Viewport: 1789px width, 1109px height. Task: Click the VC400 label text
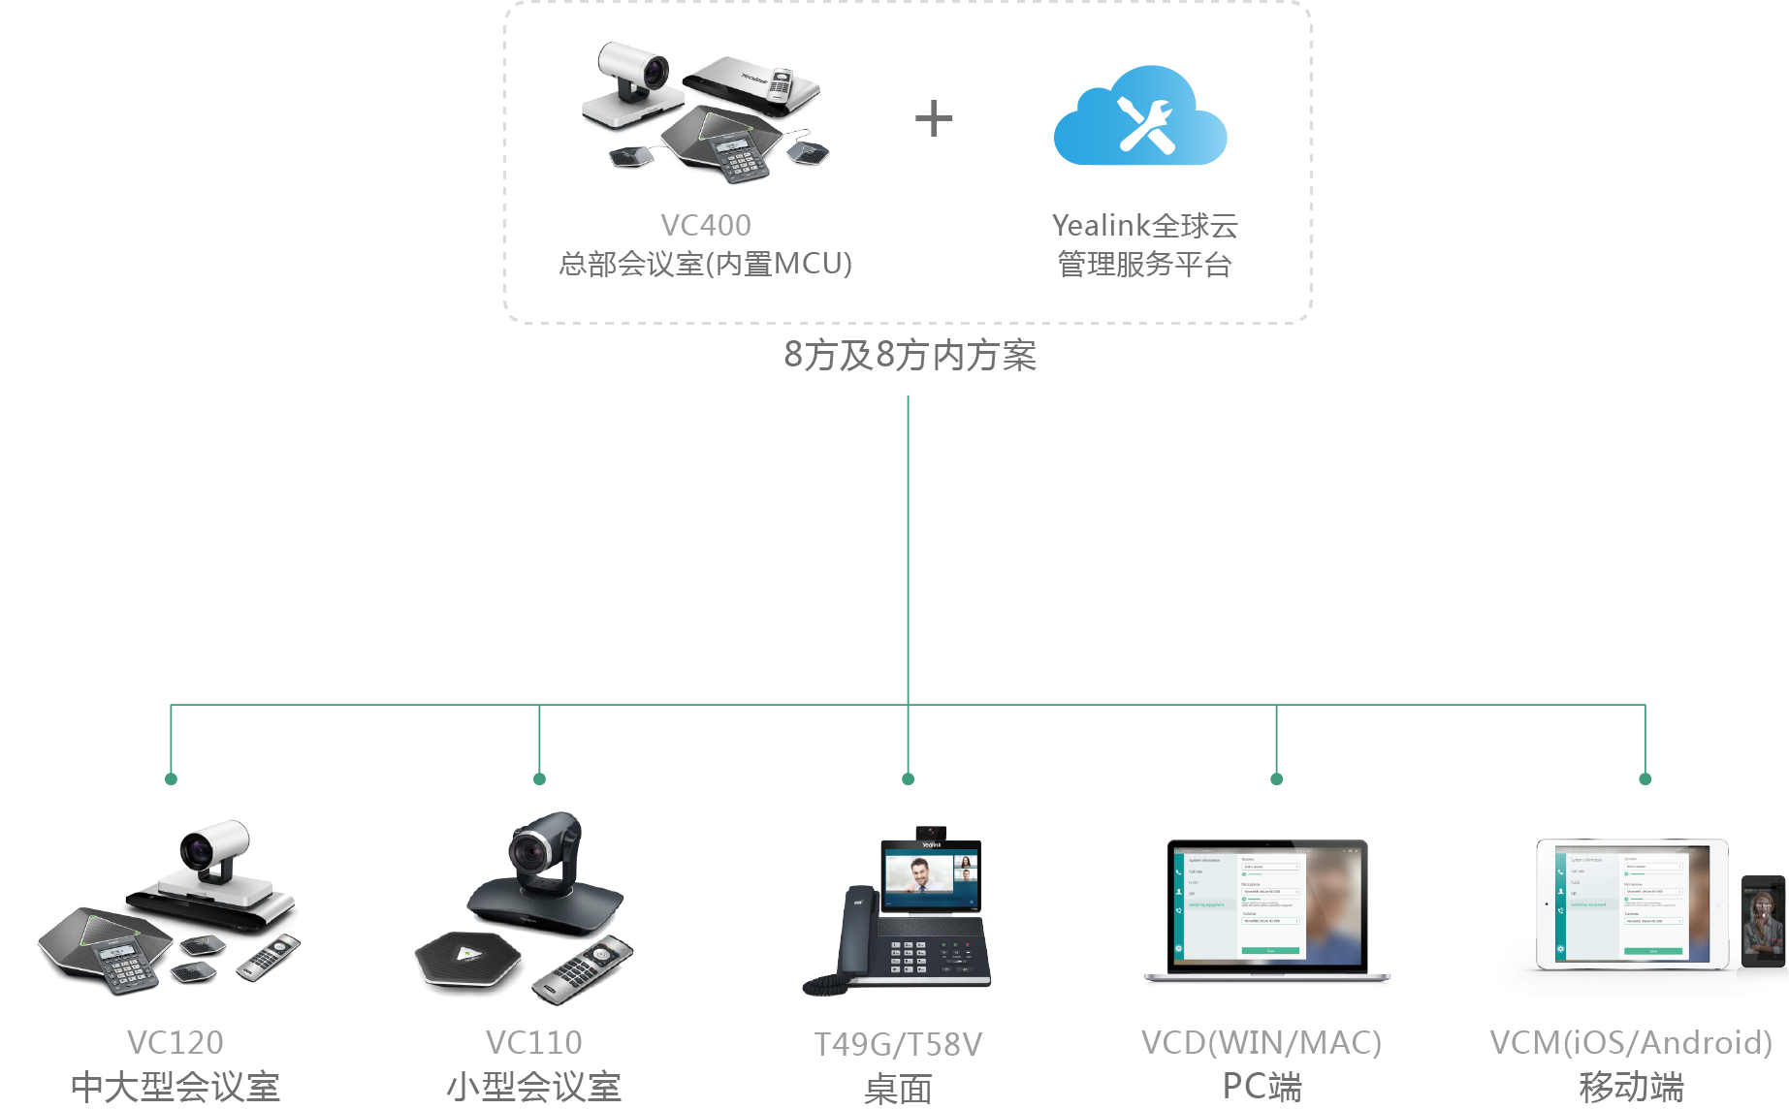tap(705, 225)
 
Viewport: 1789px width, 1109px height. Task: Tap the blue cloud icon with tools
tap(1140, 118)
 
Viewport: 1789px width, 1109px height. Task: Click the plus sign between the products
tap(934, 118)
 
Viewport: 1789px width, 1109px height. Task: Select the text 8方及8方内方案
tap(910, 356)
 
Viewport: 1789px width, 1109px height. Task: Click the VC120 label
tap(175, 1042)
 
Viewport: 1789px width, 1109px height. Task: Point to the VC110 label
tap(534, 1042)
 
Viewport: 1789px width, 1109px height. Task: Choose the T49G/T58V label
tap(898, 1044)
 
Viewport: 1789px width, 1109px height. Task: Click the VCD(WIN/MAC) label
tap(1262, 1042)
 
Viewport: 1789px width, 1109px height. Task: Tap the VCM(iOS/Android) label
tap(1631, 1042)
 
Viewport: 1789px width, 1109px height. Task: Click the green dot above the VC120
tap(171, 778)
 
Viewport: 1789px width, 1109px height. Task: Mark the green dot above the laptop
tap(1276, 778)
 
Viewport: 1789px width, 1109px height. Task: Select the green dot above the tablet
tap(1645, 778)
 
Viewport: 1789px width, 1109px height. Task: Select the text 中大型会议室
tap(175, 1087)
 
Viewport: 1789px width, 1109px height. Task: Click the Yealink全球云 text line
tap(1145, 225)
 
